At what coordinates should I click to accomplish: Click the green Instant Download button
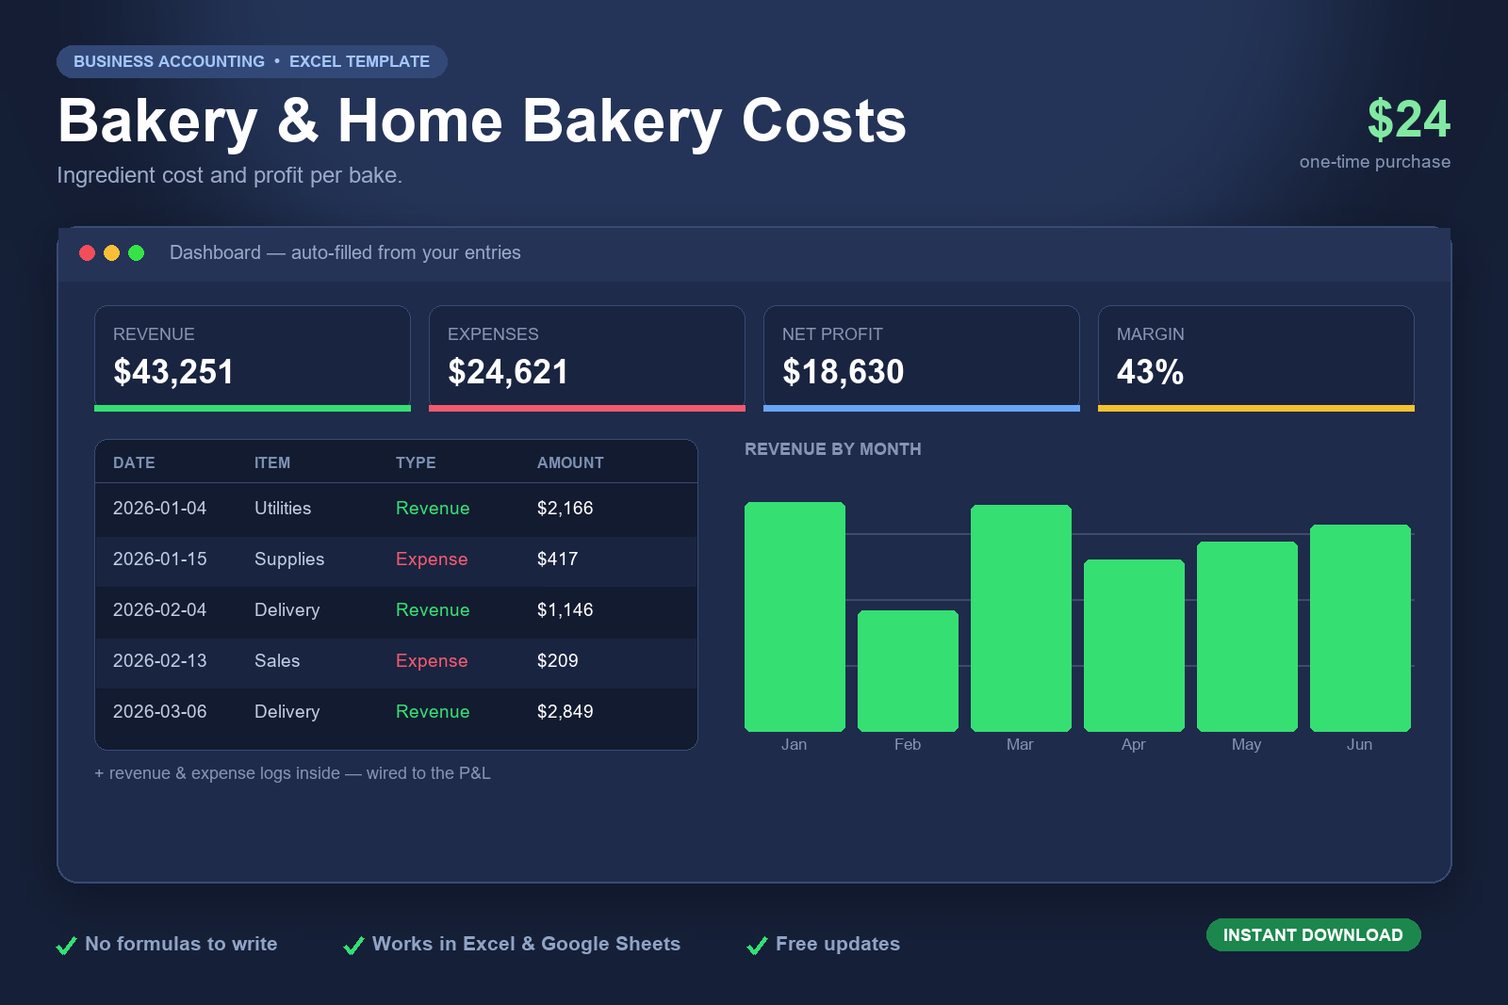tap(1313, 934)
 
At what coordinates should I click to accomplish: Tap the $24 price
tap(1408, 119)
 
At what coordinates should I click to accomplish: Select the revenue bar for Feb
tap(908, 671)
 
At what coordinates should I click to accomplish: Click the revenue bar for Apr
tap(1134, 645)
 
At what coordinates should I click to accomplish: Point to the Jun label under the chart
tap(1359, 744)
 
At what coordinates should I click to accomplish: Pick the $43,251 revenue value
tap(173, 371)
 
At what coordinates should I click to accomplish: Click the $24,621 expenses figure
tap(508, 371)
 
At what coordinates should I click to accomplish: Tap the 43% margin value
tap(1150, 371)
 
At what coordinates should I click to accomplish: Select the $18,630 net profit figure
tap(843, 371)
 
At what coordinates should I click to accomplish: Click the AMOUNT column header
tap(570, 462)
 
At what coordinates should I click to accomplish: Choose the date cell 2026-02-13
tap(159, 660)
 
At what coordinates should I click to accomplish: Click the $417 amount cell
tap(557, 559)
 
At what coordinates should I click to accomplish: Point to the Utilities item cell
tap(283, 508)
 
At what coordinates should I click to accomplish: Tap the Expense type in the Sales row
tap(432, 660)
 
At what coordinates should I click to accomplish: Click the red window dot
tap(87, 253)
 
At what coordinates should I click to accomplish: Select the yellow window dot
tap(112, 253)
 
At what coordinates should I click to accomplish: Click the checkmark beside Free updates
tap(758, 945)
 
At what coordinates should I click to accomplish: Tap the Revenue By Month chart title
tap(833, 448)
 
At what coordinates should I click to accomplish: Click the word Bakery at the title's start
tap(157, 122)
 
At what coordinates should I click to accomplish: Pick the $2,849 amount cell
tap(565, 712)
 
